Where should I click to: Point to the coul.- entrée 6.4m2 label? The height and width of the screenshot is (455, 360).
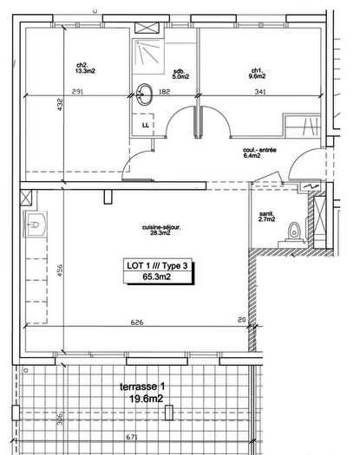(x=259, y=153)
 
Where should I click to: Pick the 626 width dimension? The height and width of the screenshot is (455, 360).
(x=136, y=322)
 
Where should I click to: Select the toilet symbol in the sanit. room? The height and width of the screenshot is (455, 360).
(x=294, y=231)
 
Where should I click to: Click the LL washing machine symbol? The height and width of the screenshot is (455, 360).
(x=145, y=125)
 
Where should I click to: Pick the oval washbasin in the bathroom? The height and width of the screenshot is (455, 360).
(x=144, y=94)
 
